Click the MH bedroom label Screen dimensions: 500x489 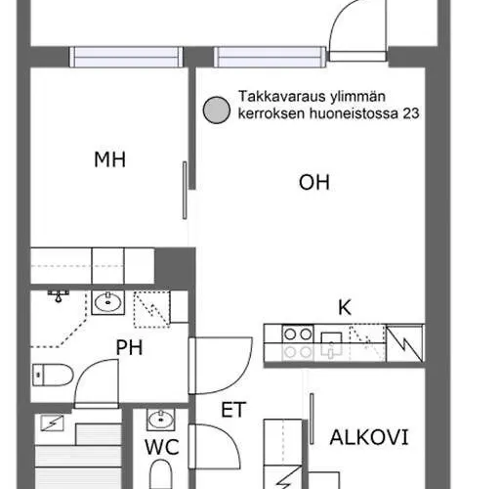(x=109, y=159)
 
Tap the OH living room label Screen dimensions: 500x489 (x=314, y=182)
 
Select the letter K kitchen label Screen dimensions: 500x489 (x=345, y=307)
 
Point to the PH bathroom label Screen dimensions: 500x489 (x=129, y=347)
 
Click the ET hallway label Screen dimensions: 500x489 (x=233, y=410)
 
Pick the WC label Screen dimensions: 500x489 (x=162, y=447)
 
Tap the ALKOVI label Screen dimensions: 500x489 (x=369, y=437)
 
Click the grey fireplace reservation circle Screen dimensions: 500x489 (x=217, y=111)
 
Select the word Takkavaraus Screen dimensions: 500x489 (x=282, y=97)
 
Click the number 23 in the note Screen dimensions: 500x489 (x=411, y=113)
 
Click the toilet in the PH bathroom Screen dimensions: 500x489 (x=53, y=375)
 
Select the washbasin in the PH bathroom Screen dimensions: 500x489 (x=107, y=303)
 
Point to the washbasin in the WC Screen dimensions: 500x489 (x=161, y=420)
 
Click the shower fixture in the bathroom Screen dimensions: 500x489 (x=59, y=295)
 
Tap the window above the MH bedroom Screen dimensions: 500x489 (x=126, y=57)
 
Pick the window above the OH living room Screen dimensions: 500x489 (x=270, y=57)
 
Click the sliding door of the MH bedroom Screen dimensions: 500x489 (x=185, y=191)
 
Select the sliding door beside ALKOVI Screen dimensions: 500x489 (x=312, y=419)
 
